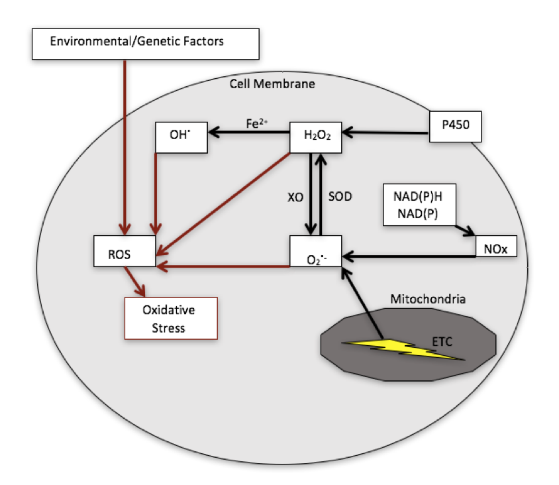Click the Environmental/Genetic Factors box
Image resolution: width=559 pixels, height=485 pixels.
[x=136, y=42]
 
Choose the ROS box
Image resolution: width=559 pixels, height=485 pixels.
[x=125, y=252]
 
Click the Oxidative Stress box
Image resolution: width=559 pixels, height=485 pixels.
[x=172, y=318]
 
